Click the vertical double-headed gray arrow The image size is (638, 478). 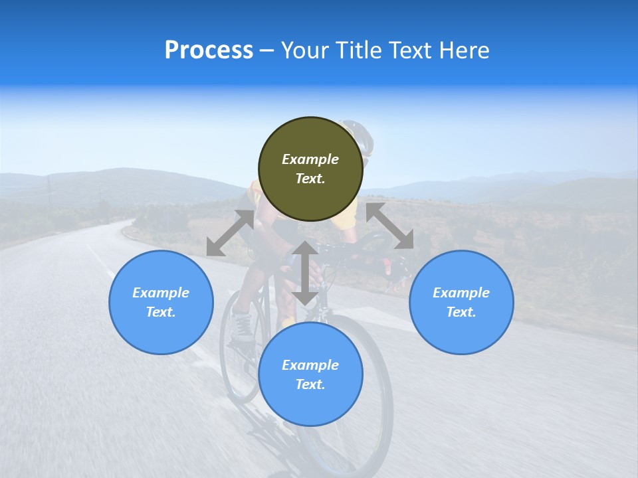pos(305,273)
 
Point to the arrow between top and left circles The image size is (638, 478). pos(230,233)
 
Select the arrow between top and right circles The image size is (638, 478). pos(390,226)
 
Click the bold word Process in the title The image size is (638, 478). pos(209,50)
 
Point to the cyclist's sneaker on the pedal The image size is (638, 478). pos(243,327)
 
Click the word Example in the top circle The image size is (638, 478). pos(310,159)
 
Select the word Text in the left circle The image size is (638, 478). pos(161,312)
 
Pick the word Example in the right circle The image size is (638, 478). pos(461,293)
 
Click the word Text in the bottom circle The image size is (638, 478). pos(310,384)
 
